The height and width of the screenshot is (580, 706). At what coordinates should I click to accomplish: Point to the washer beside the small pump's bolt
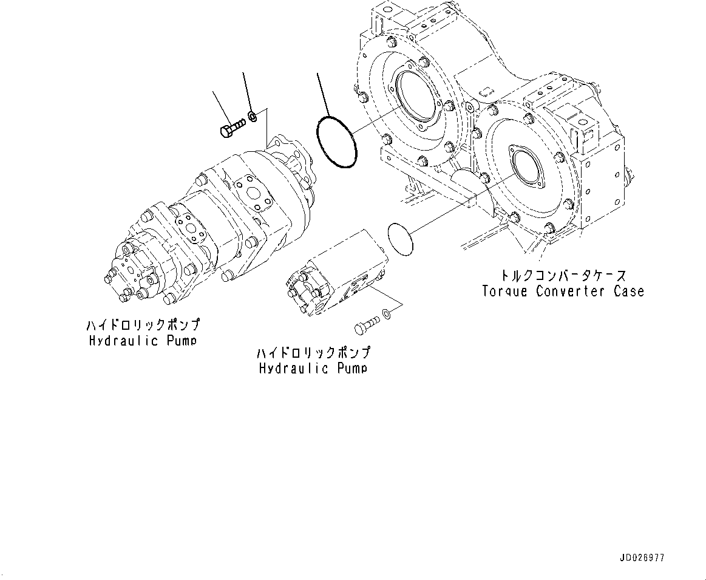point(387,314)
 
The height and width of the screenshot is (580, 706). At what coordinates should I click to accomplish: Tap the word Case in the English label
point(628,292)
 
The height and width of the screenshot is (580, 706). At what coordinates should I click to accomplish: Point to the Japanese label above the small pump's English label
point(313,353)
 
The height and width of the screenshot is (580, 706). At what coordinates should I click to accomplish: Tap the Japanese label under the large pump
point(143,326)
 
